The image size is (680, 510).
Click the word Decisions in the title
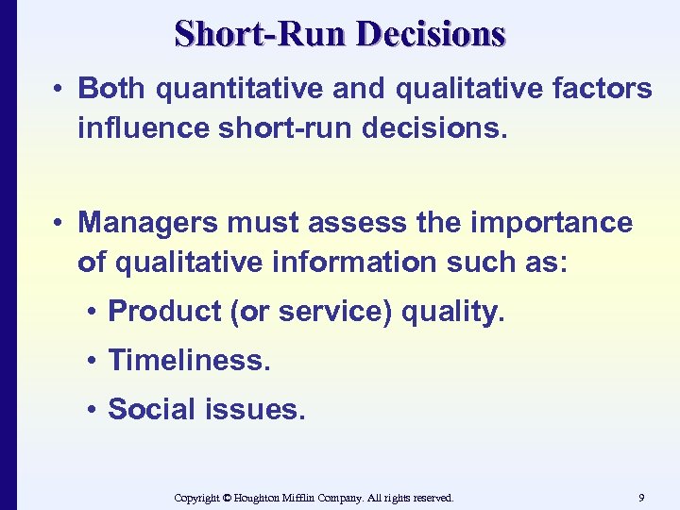click(x=432, y=34)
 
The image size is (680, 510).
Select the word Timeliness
click(x=189, y=360)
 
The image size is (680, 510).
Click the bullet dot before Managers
click(x=59, y=224)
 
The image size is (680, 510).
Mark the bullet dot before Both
click(x=59, y=90)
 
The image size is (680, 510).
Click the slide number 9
click(x=641, y=497)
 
